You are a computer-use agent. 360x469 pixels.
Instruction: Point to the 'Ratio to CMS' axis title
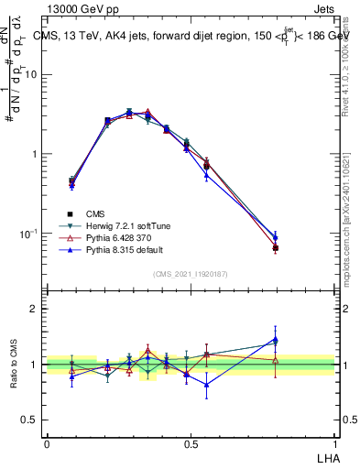coord(14,365)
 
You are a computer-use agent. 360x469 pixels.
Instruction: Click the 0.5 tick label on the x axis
coord(191,443)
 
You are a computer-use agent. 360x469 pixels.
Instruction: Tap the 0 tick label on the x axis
coord(48,443)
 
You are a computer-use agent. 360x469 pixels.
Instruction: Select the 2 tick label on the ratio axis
coord(35,310)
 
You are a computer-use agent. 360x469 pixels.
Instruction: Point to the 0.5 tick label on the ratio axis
coord(30,420)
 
